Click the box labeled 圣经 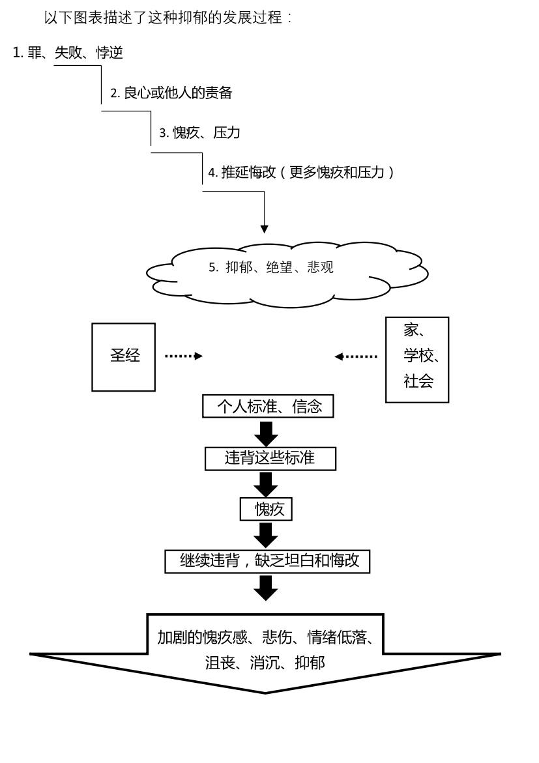[x=123, y=357]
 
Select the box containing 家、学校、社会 [x=417, y=360]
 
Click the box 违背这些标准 [x=270, y=458]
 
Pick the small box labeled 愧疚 [x=265, y=510]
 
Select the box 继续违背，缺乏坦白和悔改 [x=267, y=561]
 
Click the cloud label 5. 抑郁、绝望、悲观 [x=270, y=268]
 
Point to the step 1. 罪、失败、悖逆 [x=68, y=53]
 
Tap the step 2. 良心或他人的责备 [x=171, y=93]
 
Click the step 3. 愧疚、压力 [x=199, y=133]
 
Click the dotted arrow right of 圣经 [x=183, y=356]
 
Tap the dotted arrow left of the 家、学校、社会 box [x=356, y=356]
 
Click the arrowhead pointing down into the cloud [x=264, y=229]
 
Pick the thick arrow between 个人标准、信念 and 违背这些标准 [x=266, y=433]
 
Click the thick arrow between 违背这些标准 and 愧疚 [x=266, y=484]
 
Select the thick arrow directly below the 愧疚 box [x=266, y=535]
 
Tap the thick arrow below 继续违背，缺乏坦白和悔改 [x=266, y=587]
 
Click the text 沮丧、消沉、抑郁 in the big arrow [x=265, y=663]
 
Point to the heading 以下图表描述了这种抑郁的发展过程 [x=168, y=18]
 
